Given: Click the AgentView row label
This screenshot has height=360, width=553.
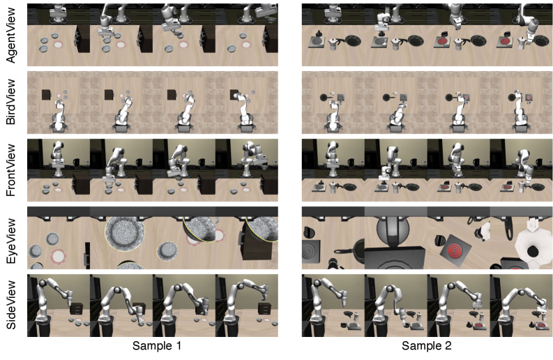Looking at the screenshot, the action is [x=11, y=35].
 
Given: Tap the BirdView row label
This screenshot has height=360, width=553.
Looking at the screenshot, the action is [x=11, y=102].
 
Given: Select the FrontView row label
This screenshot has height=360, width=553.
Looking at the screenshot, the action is [x=11, y=170].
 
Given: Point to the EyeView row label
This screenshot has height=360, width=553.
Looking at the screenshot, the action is [x=11, y=241].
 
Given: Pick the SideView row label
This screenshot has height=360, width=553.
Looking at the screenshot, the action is [x=11, y=305].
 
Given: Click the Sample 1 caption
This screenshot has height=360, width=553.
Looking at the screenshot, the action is [x=157, y=345].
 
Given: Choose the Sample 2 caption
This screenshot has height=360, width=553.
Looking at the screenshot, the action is [x=426, y=345].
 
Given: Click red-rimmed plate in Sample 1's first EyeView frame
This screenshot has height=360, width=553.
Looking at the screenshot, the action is [x=58, y=255].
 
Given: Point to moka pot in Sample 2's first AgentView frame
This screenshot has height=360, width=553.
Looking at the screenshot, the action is [x=333, y=44].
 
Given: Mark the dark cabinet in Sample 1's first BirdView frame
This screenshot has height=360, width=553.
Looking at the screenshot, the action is [x=47, y=95].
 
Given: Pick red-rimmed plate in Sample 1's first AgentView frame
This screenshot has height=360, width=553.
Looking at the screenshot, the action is [x=59, y=45].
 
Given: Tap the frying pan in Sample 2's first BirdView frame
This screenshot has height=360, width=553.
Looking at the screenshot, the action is [x=324, y=97].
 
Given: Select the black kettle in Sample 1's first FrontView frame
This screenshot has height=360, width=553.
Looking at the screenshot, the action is [x=76, y=162].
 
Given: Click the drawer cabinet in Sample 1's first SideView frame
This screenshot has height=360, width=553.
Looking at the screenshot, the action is [x=77, y=308].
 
